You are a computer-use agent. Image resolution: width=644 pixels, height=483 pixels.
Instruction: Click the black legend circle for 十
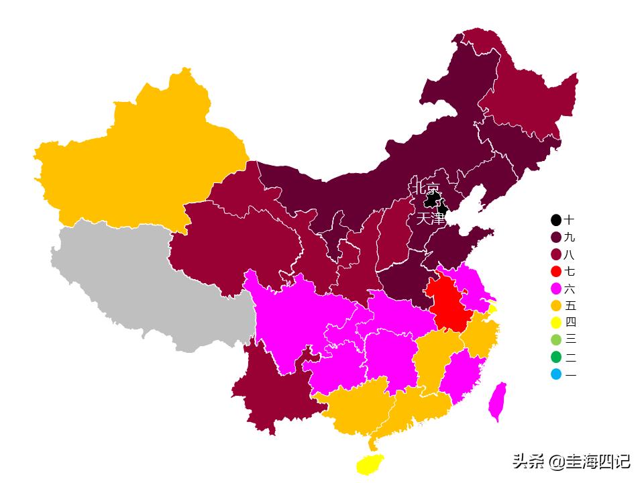pos(556,220)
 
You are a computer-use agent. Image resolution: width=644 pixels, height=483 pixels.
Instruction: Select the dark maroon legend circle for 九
pos(556,237)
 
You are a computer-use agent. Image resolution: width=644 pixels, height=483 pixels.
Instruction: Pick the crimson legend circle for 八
pos(556,255)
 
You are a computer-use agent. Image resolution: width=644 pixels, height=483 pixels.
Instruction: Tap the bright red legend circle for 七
pos(556,272)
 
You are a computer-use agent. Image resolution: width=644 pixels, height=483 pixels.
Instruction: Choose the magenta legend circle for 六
pos(556,289)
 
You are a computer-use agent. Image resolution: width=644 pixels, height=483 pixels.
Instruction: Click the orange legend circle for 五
pos(556,306)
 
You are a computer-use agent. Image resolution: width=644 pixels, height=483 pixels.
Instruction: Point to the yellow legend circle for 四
pos(556,323)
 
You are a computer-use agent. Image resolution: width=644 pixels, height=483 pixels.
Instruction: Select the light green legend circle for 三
pos(556,340)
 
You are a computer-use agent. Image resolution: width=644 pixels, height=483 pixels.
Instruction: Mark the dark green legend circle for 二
pos(556,358)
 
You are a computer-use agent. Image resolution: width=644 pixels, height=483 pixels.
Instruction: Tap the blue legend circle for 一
pos(556,374)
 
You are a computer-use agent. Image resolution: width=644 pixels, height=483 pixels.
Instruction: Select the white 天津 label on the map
pos(431,219)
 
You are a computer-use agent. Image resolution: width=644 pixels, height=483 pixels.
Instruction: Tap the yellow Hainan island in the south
pos(370,464)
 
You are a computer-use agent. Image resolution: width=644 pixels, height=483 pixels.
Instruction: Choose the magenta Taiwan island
pos(497,402)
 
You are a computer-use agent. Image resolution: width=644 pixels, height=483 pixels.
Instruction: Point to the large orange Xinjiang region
pos(141,154)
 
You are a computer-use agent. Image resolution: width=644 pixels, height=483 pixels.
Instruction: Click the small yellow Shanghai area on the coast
pos(493,309)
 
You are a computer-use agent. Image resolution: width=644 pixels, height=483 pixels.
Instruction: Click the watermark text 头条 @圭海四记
pos(571,462)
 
